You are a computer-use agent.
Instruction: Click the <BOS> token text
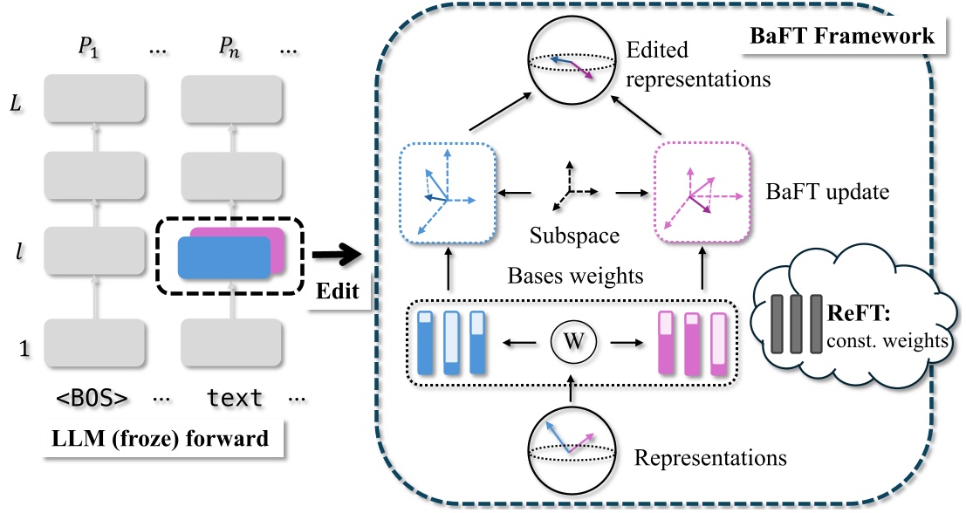click(92, 398)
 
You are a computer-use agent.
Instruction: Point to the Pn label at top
click(231, 50)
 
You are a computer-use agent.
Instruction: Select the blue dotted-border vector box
click(447, 193)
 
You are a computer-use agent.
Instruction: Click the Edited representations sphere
click(568, 65)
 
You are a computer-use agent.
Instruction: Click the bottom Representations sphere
click(568, 445)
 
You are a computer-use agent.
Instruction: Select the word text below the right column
click(234, 398)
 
